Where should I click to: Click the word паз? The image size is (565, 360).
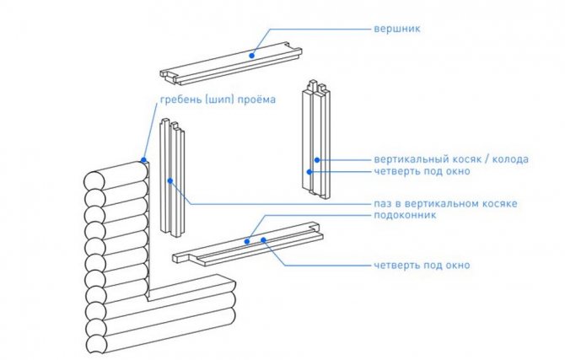tap(383, 204)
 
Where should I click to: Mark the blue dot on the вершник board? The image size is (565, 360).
tap(250, 55)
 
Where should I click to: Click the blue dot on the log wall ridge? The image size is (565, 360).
tap(144, 159)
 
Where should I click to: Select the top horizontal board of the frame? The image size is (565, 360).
tap(228, 63)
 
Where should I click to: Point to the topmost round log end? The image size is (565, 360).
tap(94, 181)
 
